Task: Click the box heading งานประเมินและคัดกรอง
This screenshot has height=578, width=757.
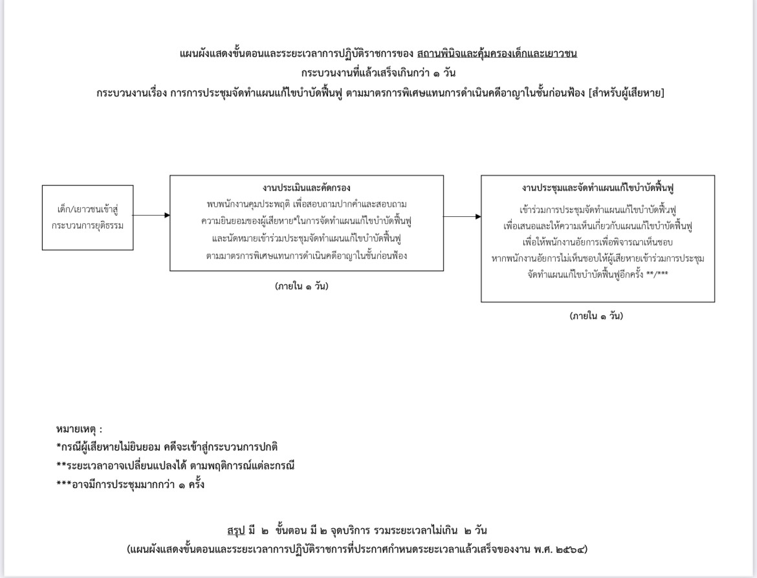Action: point(307,188)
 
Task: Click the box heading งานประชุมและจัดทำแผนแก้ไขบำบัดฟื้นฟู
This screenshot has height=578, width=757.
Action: point(598,188)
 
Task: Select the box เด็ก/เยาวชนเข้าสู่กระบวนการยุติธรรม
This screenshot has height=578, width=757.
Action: point(88,217)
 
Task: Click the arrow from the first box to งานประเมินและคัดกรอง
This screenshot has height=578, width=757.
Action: point(151,216)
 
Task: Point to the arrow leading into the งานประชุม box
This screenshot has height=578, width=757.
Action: point(463,217)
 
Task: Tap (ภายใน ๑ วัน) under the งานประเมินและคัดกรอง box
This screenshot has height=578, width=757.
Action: point(302,286)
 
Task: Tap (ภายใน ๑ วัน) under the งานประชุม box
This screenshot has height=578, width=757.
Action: point(597,317)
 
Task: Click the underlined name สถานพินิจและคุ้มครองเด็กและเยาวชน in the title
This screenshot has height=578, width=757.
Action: point(497,54)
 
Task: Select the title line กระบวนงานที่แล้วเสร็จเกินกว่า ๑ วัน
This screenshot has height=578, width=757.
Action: point(378,73)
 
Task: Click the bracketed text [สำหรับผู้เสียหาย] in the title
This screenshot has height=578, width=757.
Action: point(627,93)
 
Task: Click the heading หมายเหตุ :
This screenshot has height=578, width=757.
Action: point(79,428)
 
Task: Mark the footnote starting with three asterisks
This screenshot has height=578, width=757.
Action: point(130,484)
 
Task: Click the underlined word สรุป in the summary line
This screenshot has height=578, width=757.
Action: point(236,531)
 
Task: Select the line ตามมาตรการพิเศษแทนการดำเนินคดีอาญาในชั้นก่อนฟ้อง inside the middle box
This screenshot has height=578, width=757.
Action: point(307,256)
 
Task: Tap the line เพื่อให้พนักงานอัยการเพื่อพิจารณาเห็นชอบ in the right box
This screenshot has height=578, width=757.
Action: point(598,243)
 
